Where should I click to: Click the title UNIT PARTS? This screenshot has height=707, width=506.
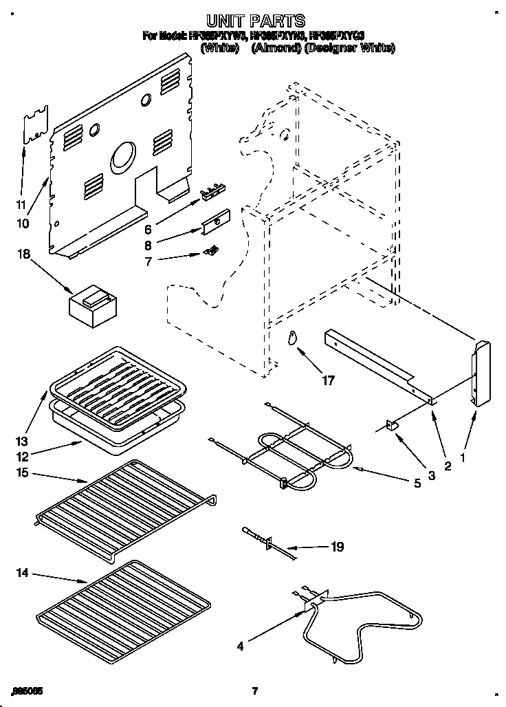pos(256,21)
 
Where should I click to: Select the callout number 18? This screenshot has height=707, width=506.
pos(24,254)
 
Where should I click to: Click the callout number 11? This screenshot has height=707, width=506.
pos(21,204)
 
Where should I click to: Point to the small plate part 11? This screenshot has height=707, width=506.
pos(36,124)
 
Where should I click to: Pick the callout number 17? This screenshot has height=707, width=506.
pos(329,380)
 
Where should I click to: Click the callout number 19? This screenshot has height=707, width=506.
pos(337,547)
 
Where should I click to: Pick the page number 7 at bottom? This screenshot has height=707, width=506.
pos(254,690)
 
